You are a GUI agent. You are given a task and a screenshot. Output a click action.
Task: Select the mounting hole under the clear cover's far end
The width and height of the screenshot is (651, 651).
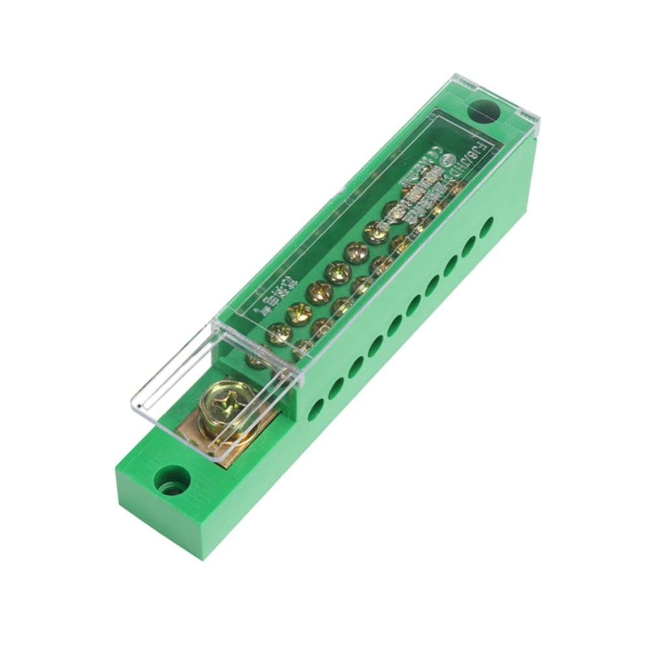[483, 110]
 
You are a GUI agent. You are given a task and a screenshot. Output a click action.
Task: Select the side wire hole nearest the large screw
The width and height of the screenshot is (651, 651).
[316, 409]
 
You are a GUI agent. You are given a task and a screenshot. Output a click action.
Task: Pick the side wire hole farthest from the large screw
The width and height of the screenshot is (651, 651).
[486, 227]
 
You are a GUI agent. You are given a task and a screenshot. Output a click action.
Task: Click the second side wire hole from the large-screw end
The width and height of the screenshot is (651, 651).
[336, 388]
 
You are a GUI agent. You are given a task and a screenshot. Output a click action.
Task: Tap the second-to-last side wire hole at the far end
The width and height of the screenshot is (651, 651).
[469, 246]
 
